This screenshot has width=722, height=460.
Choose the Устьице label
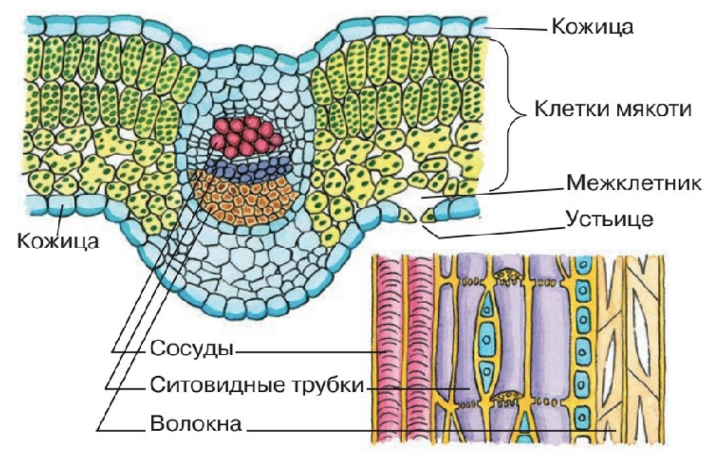pyautogui.click(x=609, y=219)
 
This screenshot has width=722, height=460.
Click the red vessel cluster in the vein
pyautogui.click(x=245, y=136)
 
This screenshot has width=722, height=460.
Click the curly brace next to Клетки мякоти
pyautogui.click(x=511, y=112)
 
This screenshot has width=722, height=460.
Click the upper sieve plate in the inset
pyautogui.click(x=506, y=275)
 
